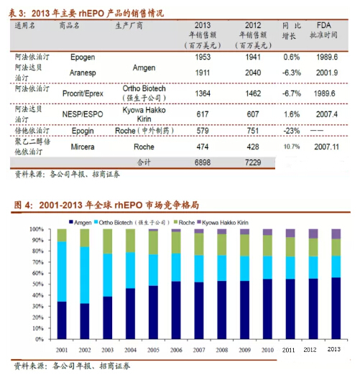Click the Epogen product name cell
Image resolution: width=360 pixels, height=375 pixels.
pos(83,57)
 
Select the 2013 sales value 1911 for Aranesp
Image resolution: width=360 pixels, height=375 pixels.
pos(203,73)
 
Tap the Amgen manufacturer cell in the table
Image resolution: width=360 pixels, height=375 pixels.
pos(144,68)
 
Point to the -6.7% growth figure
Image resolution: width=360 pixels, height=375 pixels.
pos(292,93)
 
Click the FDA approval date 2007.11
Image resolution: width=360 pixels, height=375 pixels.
pos(326,147)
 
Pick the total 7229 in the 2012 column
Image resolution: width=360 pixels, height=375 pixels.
pos(253,162)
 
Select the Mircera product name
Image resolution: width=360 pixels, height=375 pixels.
pos(83,147)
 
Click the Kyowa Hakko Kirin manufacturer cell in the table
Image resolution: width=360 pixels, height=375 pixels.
pos(144,114)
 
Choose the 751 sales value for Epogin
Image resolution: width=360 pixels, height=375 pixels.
pos(253,131)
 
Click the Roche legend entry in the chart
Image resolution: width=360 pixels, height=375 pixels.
pos(184,223)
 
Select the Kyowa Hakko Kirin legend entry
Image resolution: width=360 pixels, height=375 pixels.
pos(223,223)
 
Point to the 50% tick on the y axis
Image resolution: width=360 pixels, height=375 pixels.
pos(38,284)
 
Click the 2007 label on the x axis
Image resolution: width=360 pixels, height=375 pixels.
pos(199,350)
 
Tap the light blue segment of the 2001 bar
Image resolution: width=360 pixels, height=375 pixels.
pos(62,272)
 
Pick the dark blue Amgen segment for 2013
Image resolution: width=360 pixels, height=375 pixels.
pos(336,308)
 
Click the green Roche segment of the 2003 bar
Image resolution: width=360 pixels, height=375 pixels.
pos(108,241)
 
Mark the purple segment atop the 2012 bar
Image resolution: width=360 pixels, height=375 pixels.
pos(313,233)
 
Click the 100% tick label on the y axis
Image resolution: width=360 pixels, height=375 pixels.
pos(37,229)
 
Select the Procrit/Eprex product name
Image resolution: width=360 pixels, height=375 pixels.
pos(83,93)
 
